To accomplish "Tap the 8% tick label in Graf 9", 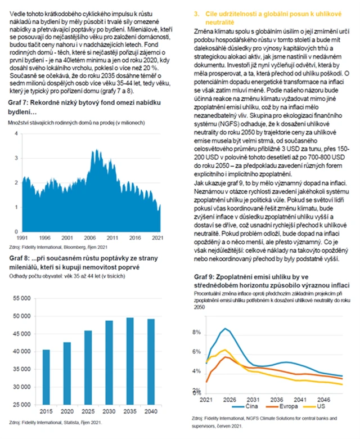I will (197, 333).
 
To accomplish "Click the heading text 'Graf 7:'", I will (20, 103).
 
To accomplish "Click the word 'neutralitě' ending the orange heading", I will (218, 20).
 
